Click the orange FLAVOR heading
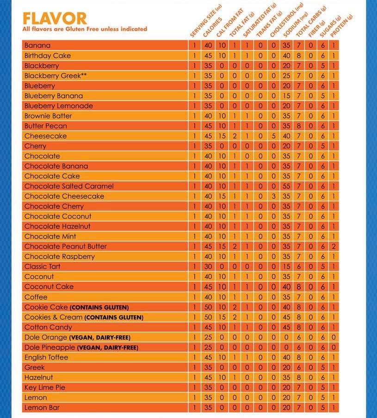[55, 19]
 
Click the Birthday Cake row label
[48, 56]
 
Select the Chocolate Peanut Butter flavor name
[65, 247]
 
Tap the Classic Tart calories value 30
[208, 266]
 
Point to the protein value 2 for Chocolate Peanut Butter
[334, 247]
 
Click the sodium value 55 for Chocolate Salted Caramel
[286, 186]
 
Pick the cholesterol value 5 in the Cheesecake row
[273, 136]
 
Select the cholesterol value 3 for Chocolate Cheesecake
[273, 196]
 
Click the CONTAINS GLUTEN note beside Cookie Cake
[99, 307]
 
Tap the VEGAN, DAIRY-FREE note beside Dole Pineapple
[107, 348]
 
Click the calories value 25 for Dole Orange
[208, 337]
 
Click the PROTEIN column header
[341, 25]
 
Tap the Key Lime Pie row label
[45, 387]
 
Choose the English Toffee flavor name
[46, 357]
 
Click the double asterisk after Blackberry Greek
[84, 75]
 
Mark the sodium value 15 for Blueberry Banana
[286, 96]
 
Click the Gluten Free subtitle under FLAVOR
[85, 29]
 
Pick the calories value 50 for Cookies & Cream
[208, 317]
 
